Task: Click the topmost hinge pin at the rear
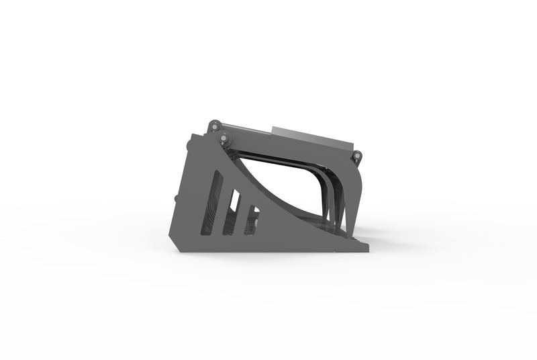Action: pyautogui.click(x=213, y=125)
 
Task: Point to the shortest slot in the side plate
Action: pyautogui.click(x=252, y=220)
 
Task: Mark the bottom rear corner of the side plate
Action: pyautogui.click(x=180, y=249)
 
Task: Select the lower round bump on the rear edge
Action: pyautogui.click(x=176, y=198)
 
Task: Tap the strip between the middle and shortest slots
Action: pyautogui.click(x=244, y=216)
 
